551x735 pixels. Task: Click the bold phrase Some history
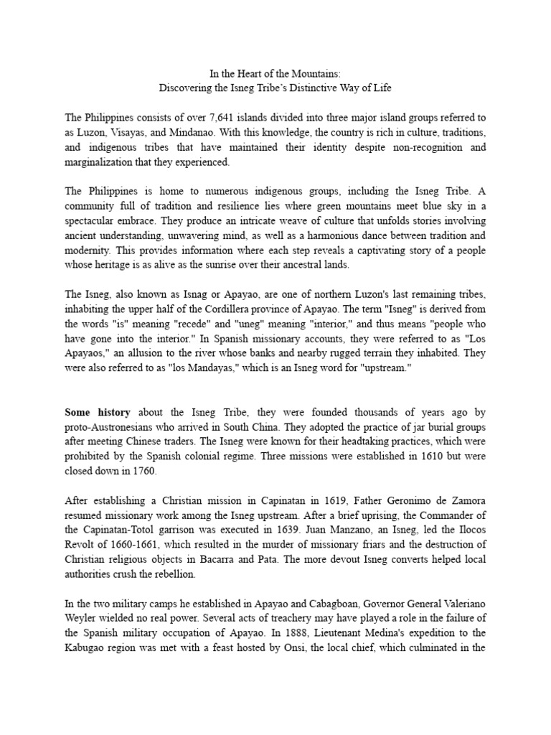[98, 413]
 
